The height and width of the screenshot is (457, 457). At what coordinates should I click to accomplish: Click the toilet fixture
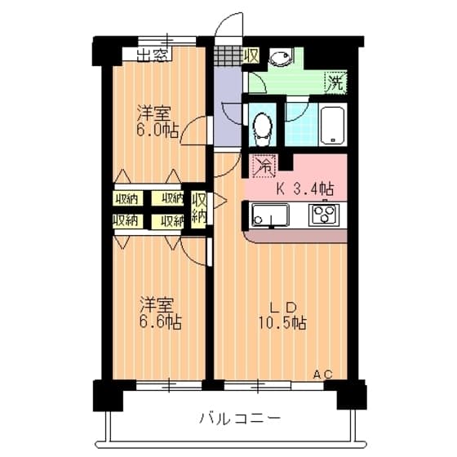263,130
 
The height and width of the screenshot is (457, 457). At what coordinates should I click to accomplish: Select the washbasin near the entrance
279,58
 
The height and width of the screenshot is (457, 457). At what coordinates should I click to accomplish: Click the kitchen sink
271,215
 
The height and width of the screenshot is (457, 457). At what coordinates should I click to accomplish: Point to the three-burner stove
324,215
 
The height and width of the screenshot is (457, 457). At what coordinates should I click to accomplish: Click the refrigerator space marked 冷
264,166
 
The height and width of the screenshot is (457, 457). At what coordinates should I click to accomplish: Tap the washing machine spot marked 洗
335,82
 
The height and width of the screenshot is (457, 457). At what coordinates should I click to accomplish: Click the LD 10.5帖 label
282,316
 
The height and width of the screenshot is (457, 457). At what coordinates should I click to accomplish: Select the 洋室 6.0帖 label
158,122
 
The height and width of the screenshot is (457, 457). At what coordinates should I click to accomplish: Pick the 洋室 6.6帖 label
161,313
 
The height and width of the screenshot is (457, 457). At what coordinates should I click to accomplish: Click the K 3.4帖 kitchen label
305,189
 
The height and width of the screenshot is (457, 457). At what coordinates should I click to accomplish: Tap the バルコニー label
240,418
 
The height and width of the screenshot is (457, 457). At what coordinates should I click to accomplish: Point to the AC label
323,374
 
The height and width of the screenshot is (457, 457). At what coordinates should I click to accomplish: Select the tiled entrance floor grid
228,55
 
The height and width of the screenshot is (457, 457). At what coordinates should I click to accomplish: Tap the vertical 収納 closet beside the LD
199,210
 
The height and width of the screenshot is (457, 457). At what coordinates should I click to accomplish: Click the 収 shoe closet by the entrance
251,55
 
